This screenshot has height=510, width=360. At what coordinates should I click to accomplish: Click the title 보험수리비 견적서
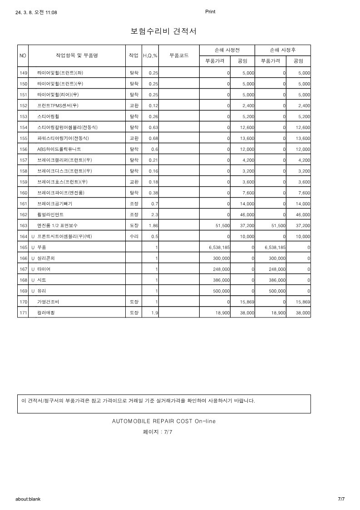pyautogui.click(x=163, y=31)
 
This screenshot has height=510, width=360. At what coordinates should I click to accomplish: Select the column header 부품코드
pyautogui.click(x=179, y=55)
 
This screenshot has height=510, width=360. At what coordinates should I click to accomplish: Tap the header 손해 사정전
pyautogui.click(x=227, y=50)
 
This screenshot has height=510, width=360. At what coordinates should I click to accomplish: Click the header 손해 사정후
pyautogui.click(x=282, y=50)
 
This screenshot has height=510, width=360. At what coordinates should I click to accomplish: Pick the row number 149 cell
pyautogui.click(x=23, y=73)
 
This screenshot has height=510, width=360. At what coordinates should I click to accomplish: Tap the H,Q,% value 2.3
pyautogui.click(x=154, y=214)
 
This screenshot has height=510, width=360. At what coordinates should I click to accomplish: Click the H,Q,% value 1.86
pyautogui.click(x=153, y=225)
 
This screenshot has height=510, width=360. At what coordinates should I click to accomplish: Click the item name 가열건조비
pyautogui.click(x=48, y=302)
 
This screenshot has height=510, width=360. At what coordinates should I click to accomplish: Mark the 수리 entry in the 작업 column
pyautogui.click(x=134, y=236)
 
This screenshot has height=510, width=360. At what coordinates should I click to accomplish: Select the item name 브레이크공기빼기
pyautogui.click(x=54, y=203)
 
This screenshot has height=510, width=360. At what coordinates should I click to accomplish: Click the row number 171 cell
pyautogui.click(x=23, y=313)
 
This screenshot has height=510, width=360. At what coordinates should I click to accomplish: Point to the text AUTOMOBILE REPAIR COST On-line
pyautogui.click(x=164, y=421)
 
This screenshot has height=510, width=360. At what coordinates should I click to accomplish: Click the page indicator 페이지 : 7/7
pyautogui.click(x=158, y=432)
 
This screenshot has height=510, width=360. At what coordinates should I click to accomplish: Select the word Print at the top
pyautogui.click(x=210, y=12)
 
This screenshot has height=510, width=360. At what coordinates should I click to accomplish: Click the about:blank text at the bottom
pyautogui.click(x=28, y=499)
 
